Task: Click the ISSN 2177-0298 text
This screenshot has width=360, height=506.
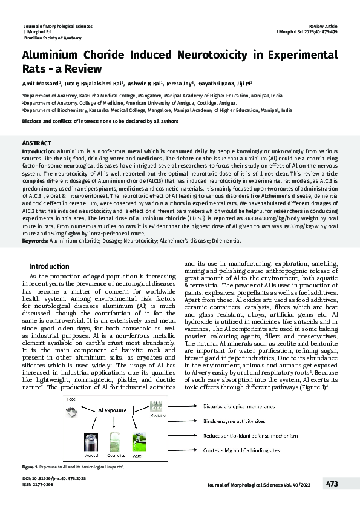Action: point(38,501)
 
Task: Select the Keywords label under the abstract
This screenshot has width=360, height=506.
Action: point(34,240)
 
